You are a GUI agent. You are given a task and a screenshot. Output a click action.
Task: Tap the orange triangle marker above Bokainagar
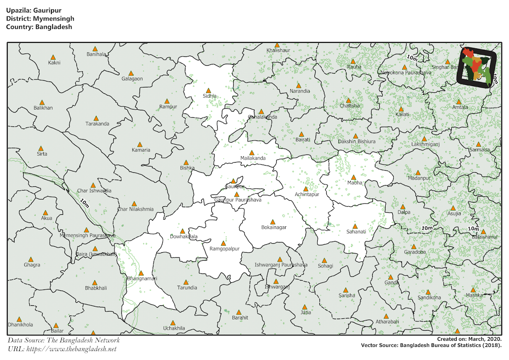point(273,222)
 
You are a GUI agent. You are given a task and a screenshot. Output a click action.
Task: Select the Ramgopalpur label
point(224,249)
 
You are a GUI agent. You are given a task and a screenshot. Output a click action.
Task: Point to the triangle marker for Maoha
point(353,177)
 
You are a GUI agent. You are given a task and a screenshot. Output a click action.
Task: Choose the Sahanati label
point(355,232)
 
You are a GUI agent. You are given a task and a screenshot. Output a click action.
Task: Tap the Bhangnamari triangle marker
point(141,273)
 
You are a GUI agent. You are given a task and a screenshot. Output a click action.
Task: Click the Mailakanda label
point(253,158)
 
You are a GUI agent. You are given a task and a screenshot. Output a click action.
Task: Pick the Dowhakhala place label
point(183,236)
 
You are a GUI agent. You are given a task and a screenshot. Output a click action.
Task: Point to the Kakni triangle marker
point(53,57)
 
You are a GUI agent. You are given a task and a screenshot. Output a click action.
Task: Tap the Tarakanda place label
point(97,124)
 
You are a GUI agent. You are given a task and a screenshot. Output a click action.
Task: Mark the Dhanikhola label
point(20,325)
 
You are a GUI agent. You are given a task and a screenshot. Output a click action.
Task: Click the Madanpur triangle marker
point(418,173)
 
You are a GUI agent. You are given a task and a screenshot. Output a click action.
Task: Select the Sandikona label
point(429,298)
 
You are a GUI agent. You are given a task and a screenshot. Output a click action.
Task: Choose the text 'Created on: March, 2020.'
point(470,339)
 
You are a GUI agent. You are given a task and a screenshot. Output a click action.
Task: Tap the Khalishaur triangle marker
point(277,45)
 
